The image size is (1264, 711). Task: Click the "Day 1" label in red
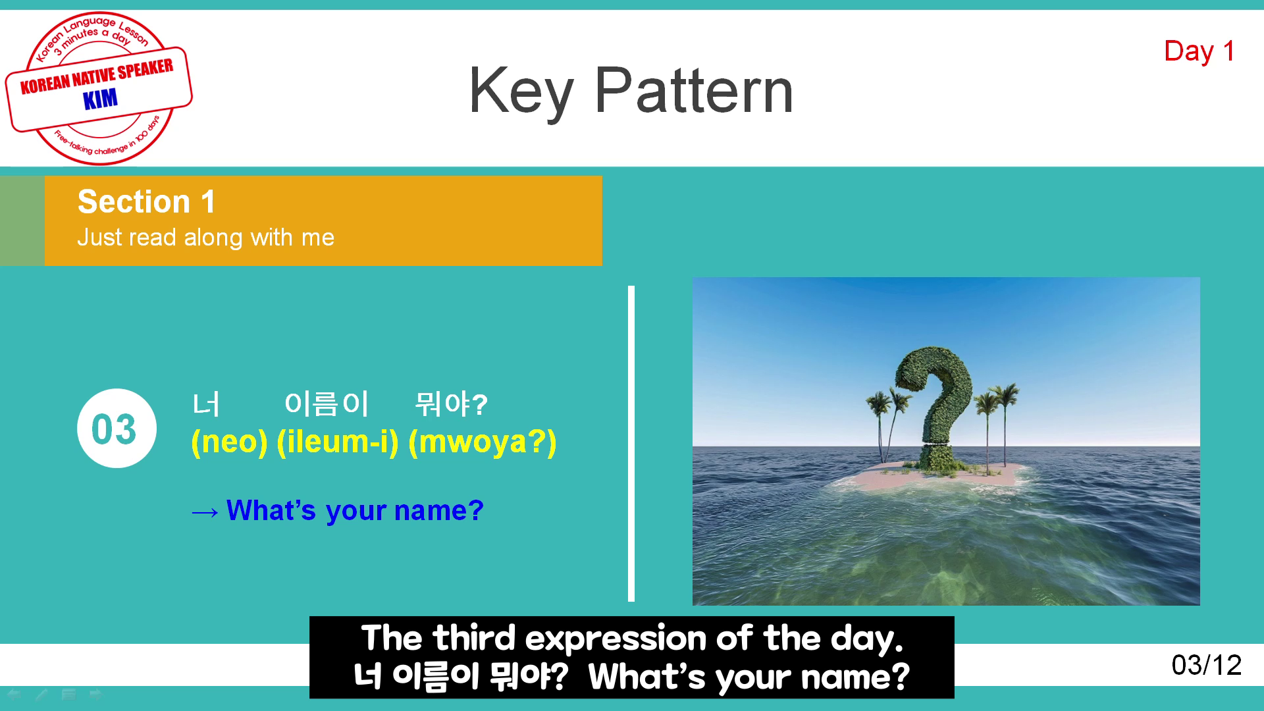1199,51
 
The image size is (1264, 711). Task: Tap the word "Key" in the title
521,93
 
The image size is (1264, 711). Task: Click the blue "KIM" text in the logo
100,99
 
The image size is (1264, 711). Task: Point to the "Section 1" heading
146,201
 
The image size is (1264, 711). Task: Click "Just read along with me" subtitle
205,237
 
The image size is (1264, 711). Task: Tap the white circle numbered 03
117,428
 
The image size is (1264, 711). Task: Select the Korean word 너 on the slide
206,404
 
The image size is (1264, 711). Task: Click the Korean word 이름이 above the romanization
326,404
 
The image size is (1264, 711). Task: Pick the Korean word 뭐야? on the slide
451,404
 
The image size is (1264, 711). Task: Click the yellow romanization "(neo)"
229,442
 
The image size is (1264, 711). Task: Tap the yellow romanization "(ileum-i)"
338,442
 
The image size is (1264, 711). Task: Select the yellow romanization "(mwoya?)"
483,442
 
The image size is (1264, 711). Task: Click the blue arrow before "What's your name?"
205,512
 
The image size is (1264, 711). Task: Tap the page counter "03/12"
1206,665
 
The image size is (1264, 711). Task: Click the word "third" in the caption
474,638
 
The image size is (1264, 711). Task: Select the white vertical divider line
631,443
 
